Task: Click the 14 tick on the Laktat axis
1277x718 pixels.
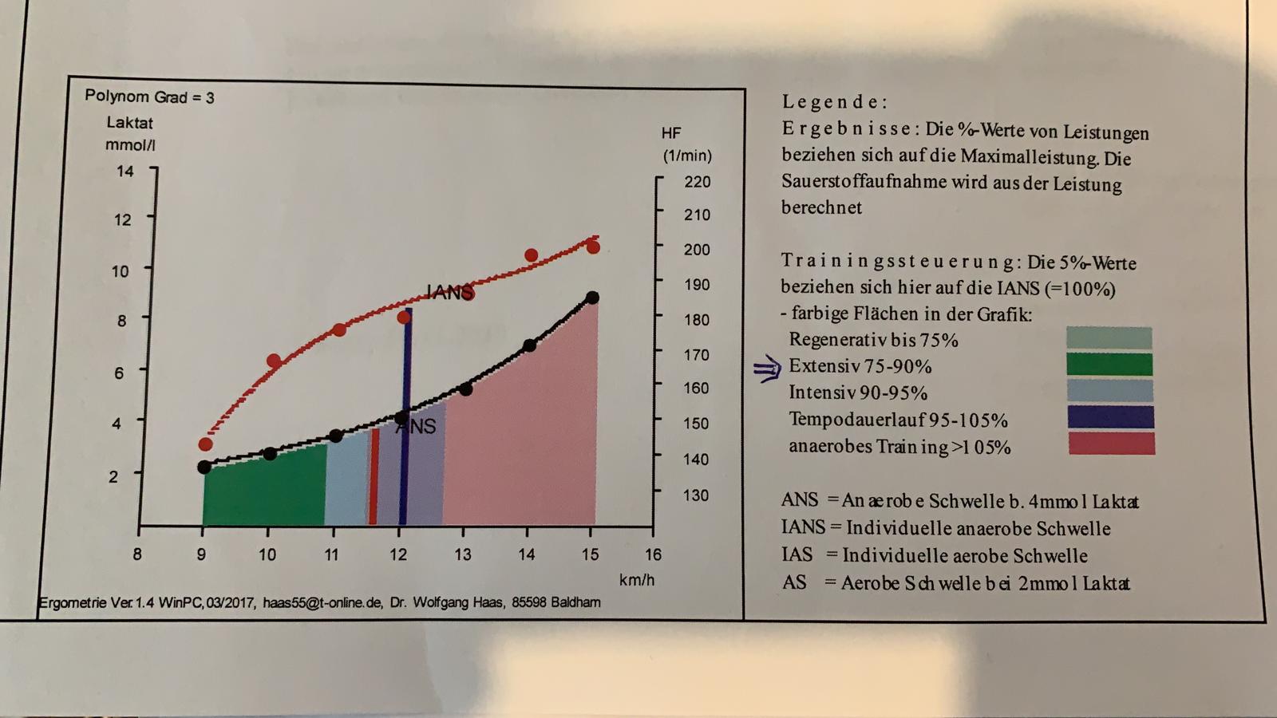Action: click(125, 171)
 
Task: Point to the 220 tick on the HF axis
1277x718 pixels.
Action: click(697, 182)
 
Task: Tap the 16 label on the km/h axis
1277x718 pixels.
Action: click(653, 554)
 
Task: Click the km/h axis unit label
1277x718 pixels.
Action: click(636, 580)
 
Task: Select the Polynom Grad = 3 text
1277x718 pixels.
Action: click(149, 97)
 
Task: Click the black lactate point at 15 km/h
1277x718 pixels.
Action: click(592, 298)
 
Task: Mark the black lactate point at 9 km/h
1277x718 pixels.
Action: click(204, 467)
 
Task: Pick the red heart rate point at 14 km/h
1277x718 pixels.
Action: click(531, 256)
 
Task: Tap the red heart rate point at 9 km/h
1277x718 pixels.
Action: click(205, 444)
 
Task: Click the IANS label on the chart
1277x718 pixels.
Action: click(449, 293)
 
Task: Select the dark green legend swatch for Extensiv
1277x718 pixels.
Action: click(1109, 365)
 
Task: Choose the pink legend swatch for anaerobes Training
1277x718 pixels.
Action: click(1111, 444)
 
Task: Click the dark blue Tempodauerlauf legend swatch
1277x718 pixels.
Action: click(1110, 417)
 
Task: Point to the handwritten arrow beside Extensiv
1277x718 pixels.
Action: click(767, 368)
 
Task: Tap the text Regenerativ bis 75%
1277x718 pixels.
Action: click(873, 340)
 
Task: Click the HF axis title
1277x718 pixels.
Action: click(671, 133)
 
